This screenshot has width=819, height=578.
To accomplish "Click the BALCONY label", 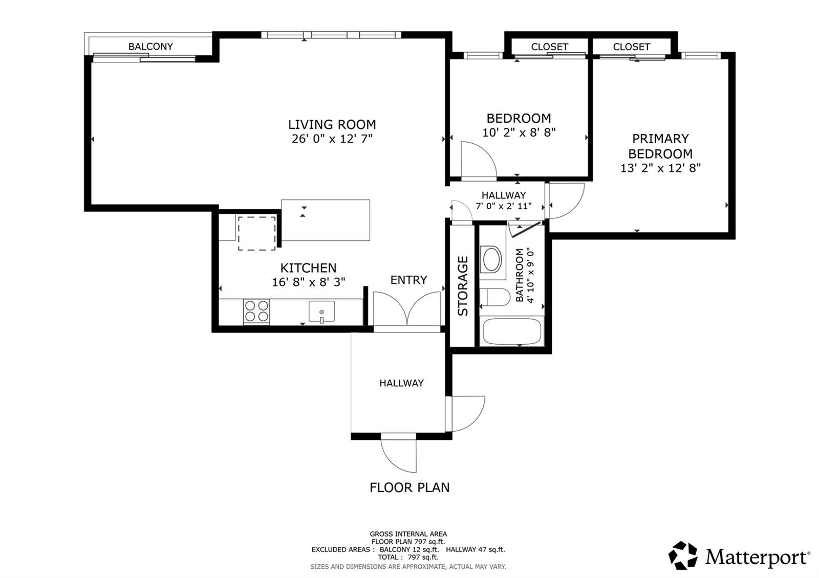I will pyautogui.click(x=150, y=47).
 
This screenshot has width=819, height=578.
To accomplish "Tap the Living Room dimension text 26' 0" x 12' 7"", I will pyautogui.click(x=332, y=139).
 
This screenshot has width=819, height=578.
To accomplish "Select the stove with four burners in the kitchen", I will pyautogui.click(x=256, y=311).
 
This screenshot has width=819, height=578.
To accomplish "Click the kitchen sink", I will pyautogui.click(x=321, y=312).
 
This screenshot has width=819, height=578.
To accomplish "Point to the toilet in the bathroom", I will pyautogui.click(x=495, y=297).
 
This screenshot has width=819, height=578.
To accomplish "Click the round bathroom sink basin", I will pyautogui.click(x=492, y=259).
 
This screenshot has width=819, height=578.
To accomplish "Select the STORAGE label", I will pyautogui.click(x=463, y=286).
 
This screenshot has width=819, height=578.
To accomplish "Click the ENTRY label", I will pyautogui.click(x=408, y=280).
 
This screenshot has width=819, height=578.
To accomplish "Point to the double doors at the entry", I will pyautogui.click(x=407, y=309).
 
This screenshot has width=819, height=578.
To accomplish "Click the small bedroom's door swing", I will pyautogui.click(x=478, y=162).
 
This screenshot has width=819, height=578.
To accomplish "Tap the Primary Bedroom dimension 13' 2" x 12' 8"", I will pyautogui.click(x=660, y=168).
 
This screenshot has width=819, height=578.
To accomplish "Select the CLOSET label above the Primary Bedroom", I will pyautogui.click(x=631, y=47).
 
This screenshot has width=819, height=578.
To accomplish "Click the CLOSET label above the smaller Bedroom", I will pyautogui.click(x=549, y=47).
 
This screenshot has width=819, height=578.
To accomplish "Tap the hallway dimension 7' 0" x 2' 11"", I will pyautogui.click(x=504, y=206).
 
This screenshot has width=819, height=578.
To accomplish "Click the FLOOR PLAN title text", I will pyautogui.click(x=409, y=487).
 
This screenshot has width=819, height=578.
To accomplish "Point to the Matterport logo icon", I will pyautogui.click(x=683, y=555).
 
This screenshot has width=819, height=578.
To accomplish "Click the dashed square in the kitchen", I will pyautogui.click(x=257, y=233).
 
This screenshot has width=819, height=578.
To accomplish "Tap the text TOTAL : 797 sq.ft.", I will pyautogui.click(x=408, y=557).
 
